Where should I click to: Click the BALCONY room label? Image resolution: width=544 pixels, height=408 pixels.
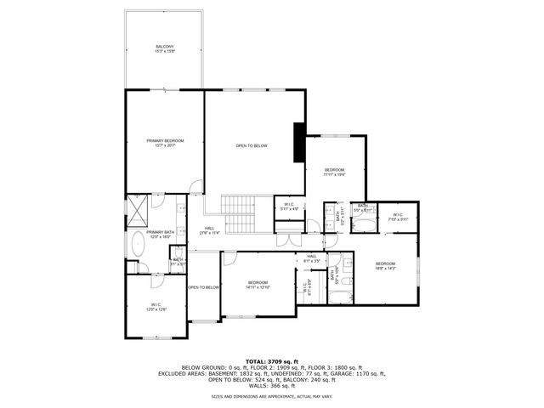click(x=164, y=48)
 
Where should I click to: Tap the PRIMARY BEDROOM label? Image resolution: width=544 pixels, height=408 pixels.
click(x=164, y=143)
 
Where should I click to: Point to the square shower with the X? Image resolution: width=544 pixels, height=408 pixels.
click(x=137, y=209)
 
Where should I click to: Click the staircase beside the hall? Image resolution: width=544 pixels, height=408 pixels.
click(x=238, y=214)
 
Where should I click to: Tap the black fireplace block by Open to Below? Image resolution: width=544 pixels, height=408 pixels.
click(x=299, y=142)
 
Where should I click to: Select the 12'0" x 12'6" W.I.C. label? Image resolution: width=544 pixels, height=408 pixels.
click(x=156, y=307)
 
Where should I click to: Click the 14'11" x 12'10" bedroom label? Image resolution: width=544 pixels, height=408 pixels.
click(x=258, y=285)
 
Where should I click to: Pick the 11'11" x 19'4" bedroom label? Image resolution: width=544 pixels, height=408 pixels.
click(x=335, y=173)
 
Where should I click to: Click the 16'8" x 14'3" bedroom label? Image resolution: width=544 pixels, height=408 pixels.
click(x=385, y=266)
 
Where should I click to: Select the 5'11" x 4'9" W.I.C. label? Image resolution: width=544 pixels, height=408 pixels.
click(x=289, y=207)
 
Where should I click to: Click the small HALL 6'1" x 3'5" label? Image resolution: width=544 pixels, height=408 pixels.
click(x=311, y=258)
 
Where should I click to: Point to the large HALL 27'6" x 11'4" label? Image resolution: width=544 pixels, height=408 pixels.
click(x=209, y=230)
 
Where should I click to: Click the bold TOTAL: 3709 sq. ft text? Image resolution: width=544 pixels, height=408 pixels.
click(x=272, y=361)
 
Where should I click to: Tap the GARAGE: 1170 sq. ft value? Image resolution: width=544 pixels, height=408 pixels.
click(x=365, y=373)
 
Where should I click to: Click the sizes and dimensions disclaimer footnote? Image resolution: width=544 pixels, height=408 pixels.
click(x=272, y=396)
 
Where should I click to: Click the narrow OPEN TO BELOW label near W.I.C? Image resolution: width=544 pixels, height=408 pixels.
click(x=204, y=287)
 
